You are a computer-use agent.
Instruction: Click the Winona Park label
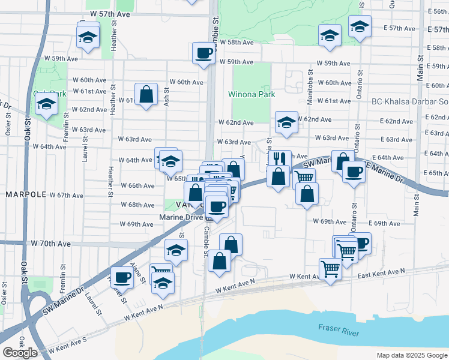tap(252, 94)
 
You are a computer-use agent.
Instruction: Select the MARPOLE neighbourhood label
tap(26, 195)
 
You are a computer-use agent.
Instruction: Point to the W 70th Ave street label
tap(51, 244)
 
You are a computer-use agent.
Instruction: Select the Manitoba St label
tap(310, 91)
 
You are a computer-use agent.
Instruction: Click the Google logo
tap(20, 353)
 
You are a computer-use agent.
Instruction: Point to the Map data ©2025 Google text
tap(411, 355)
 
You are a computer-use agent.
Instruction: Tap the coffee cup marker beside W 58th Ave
tap(203, 53)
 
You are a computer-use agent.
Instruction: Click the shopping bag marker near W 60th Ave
tap(146, 94)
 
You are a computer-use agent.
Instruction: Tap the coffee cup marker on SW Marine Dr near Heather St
tap(122, 277)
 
